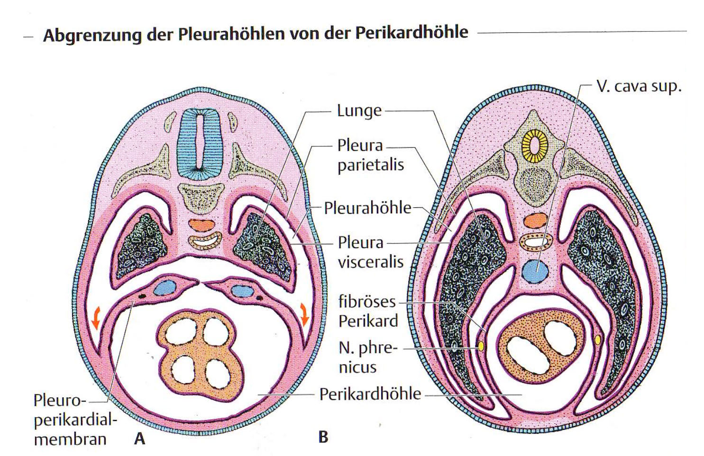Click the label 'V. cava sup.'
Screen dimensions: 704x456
click(x=639, y=86)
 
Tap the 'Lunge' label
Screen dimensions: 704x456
click(x=359, y=111)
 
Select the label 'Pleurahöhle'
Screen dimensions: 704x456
click(x=368, y=208)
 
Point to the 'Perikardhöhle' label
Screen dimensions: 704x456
click(x=370, y=394)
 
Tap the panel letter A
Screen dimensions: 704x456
click(x=139, y=438)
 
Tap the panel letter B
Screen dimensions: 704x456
click(x=323, y=437)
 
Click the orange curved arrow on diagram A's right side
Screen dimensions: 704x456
click(x=304, y=314)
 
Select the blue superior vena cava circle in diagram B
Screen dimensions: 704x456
click(x=535, y=271)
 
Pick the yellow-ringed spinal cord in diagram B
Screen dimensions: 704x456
click(x=534, y=146)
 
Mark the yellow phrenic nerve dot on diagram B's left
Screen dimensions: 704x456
click(x=481, y=346)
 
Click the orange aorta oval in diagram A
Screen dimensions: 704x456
click(x=201, y=225)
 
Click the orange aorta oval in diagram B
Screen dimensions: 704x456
click(x=536, y=220)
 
